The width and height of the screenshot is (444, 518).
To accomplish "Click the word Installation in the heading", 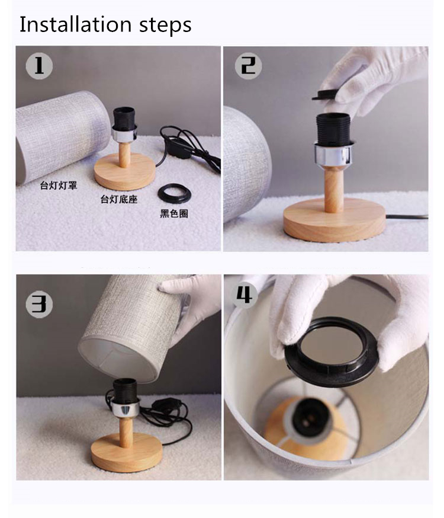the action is pyautogui.click(x=76, y=24).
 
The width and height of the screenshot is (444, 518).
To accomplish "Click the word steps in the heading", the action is pyautogui.click(x=165, y=25).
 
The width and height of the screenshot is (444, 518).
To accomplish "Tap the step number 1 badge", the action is pyautogui.click(x=39, y=66).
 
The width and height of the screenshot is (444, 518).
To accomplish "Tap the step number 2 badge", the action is pyautogui.click(x=249, y=66).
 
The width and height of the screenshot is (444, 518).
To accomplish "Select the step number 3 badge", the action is pyautogui.click(x=39, y=304).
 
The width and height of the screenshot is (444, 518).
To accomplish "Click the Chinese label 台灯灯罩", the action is pyautogui.click(x=59, y=186).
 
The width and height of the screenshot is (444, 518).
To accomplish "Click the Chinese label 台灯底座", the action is pyautogui.click(x=119, y=200).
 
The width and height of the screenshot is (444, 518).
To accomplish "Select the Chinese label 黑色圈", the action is pyautogui.click(x=174, y=214).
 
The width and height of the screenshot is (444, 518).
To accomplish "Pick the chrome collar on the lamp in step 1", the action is pyautogui.click(x=124, y=133).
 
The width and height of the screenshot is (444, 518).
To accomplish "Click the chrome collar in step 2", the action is pyautogui.click(x=333, y=154).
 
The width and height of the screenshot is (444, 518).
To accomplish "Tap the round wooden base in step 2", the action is pyautogui.click(x=334, y=219).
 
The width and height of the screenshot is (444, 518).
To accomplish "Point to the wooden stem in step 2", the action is pyautogui.click(x=334, y=189).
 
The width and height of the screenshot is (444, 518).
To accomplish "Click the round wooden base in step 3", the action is pyautogui.click(x=127, y=452).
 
